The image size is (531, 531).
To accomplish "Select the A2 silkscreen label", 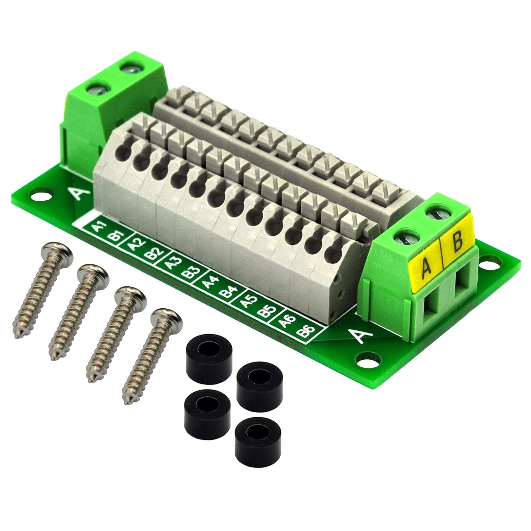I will tap(135, 245).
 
